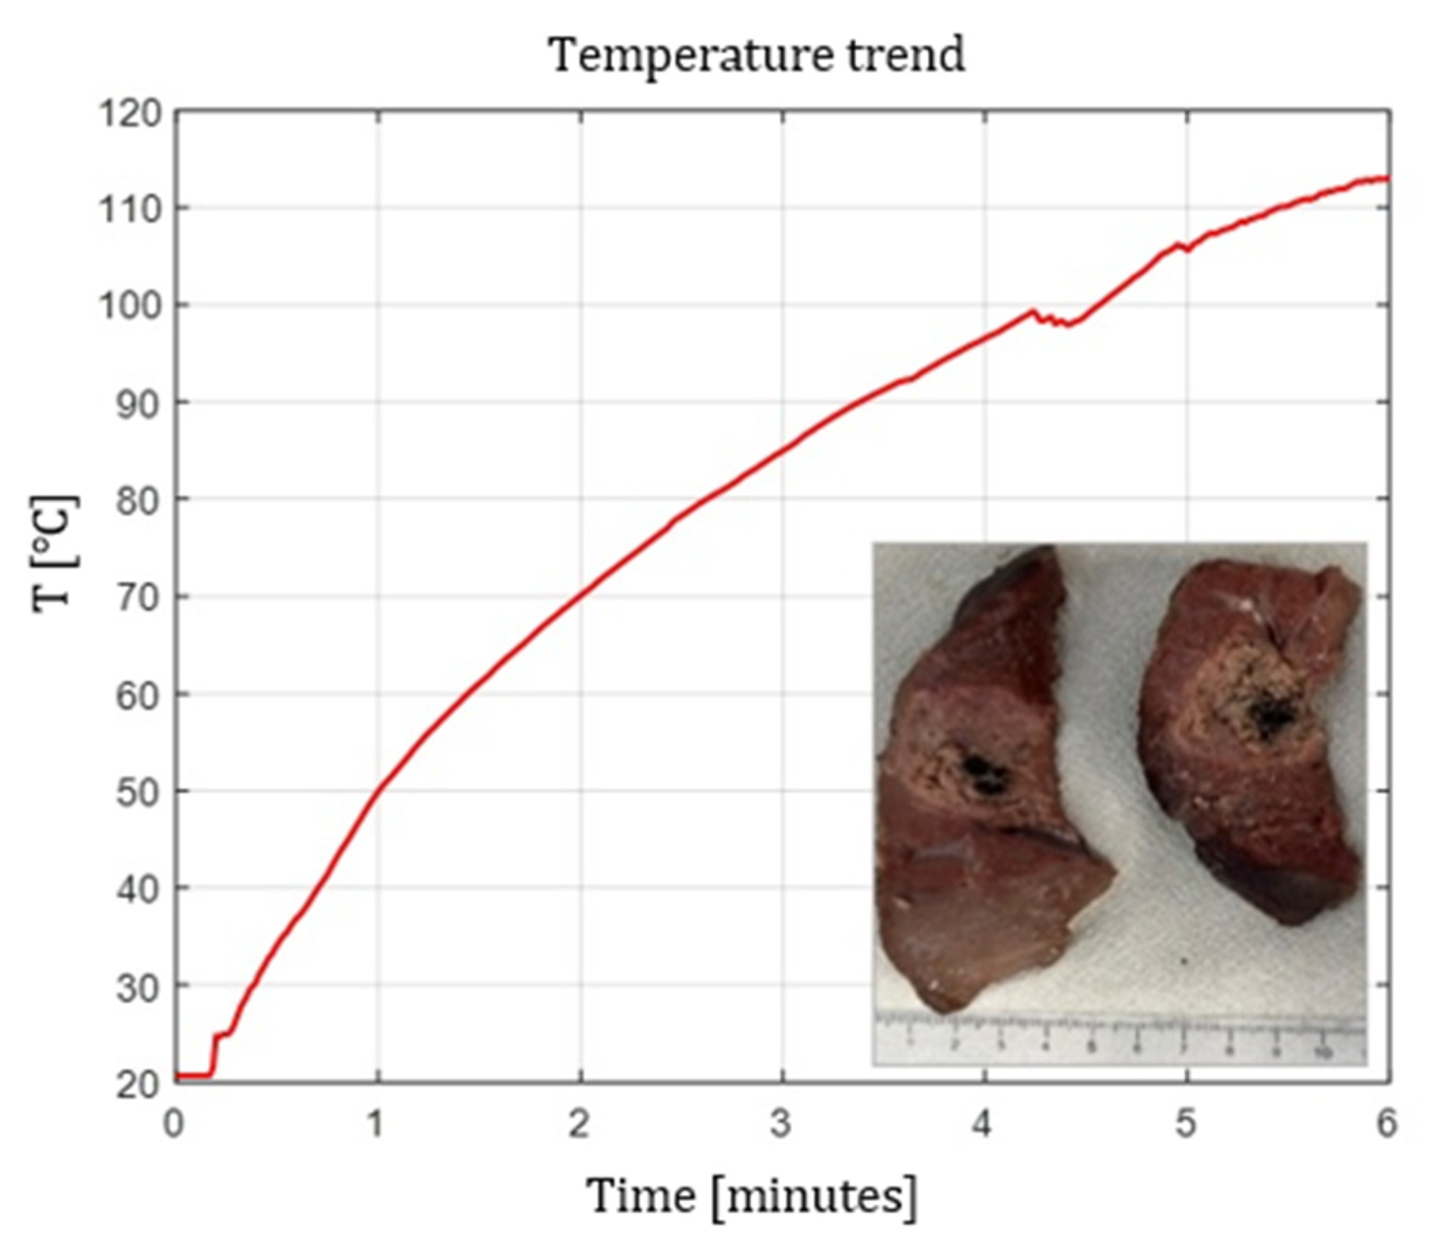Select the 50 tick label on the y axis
pos(138,791)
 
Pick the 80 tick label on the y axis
pos(138,500)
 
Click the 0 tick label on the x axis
pos(174,1125)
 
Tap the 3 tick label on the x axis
pos(782,1125)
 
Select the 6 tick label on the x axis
pos(1386,1125)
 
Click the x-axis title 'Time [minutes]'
pos(751,1196)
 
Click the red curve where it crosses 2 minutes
pos(580,595)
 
